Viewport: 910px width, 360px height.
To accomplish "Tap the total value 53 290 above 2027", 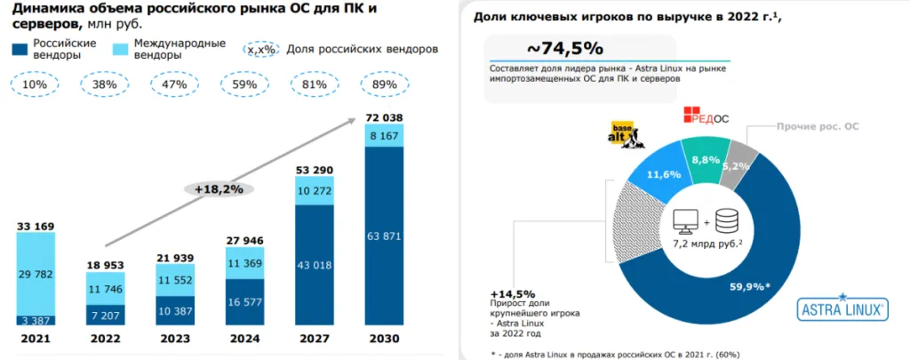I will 314,170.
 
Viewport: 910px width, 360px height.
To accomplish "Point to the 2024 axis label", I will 244,339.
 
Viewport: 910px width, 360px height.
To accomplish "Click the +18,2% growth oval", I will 219,188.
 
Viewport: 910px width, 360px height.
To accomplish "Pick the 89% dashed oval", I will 383,84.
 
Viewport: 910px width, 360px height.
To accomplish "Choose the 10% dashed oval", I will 36,84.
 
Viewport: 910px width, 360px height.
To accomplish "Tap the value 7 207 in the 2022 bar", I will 106,316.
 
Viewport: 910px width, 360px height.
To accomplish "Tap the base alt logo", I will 624,134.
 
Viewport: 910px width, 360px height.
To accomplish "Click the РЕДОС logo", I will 706,116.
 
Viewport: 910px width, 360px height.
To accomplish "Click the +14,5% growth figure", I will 512,293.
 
